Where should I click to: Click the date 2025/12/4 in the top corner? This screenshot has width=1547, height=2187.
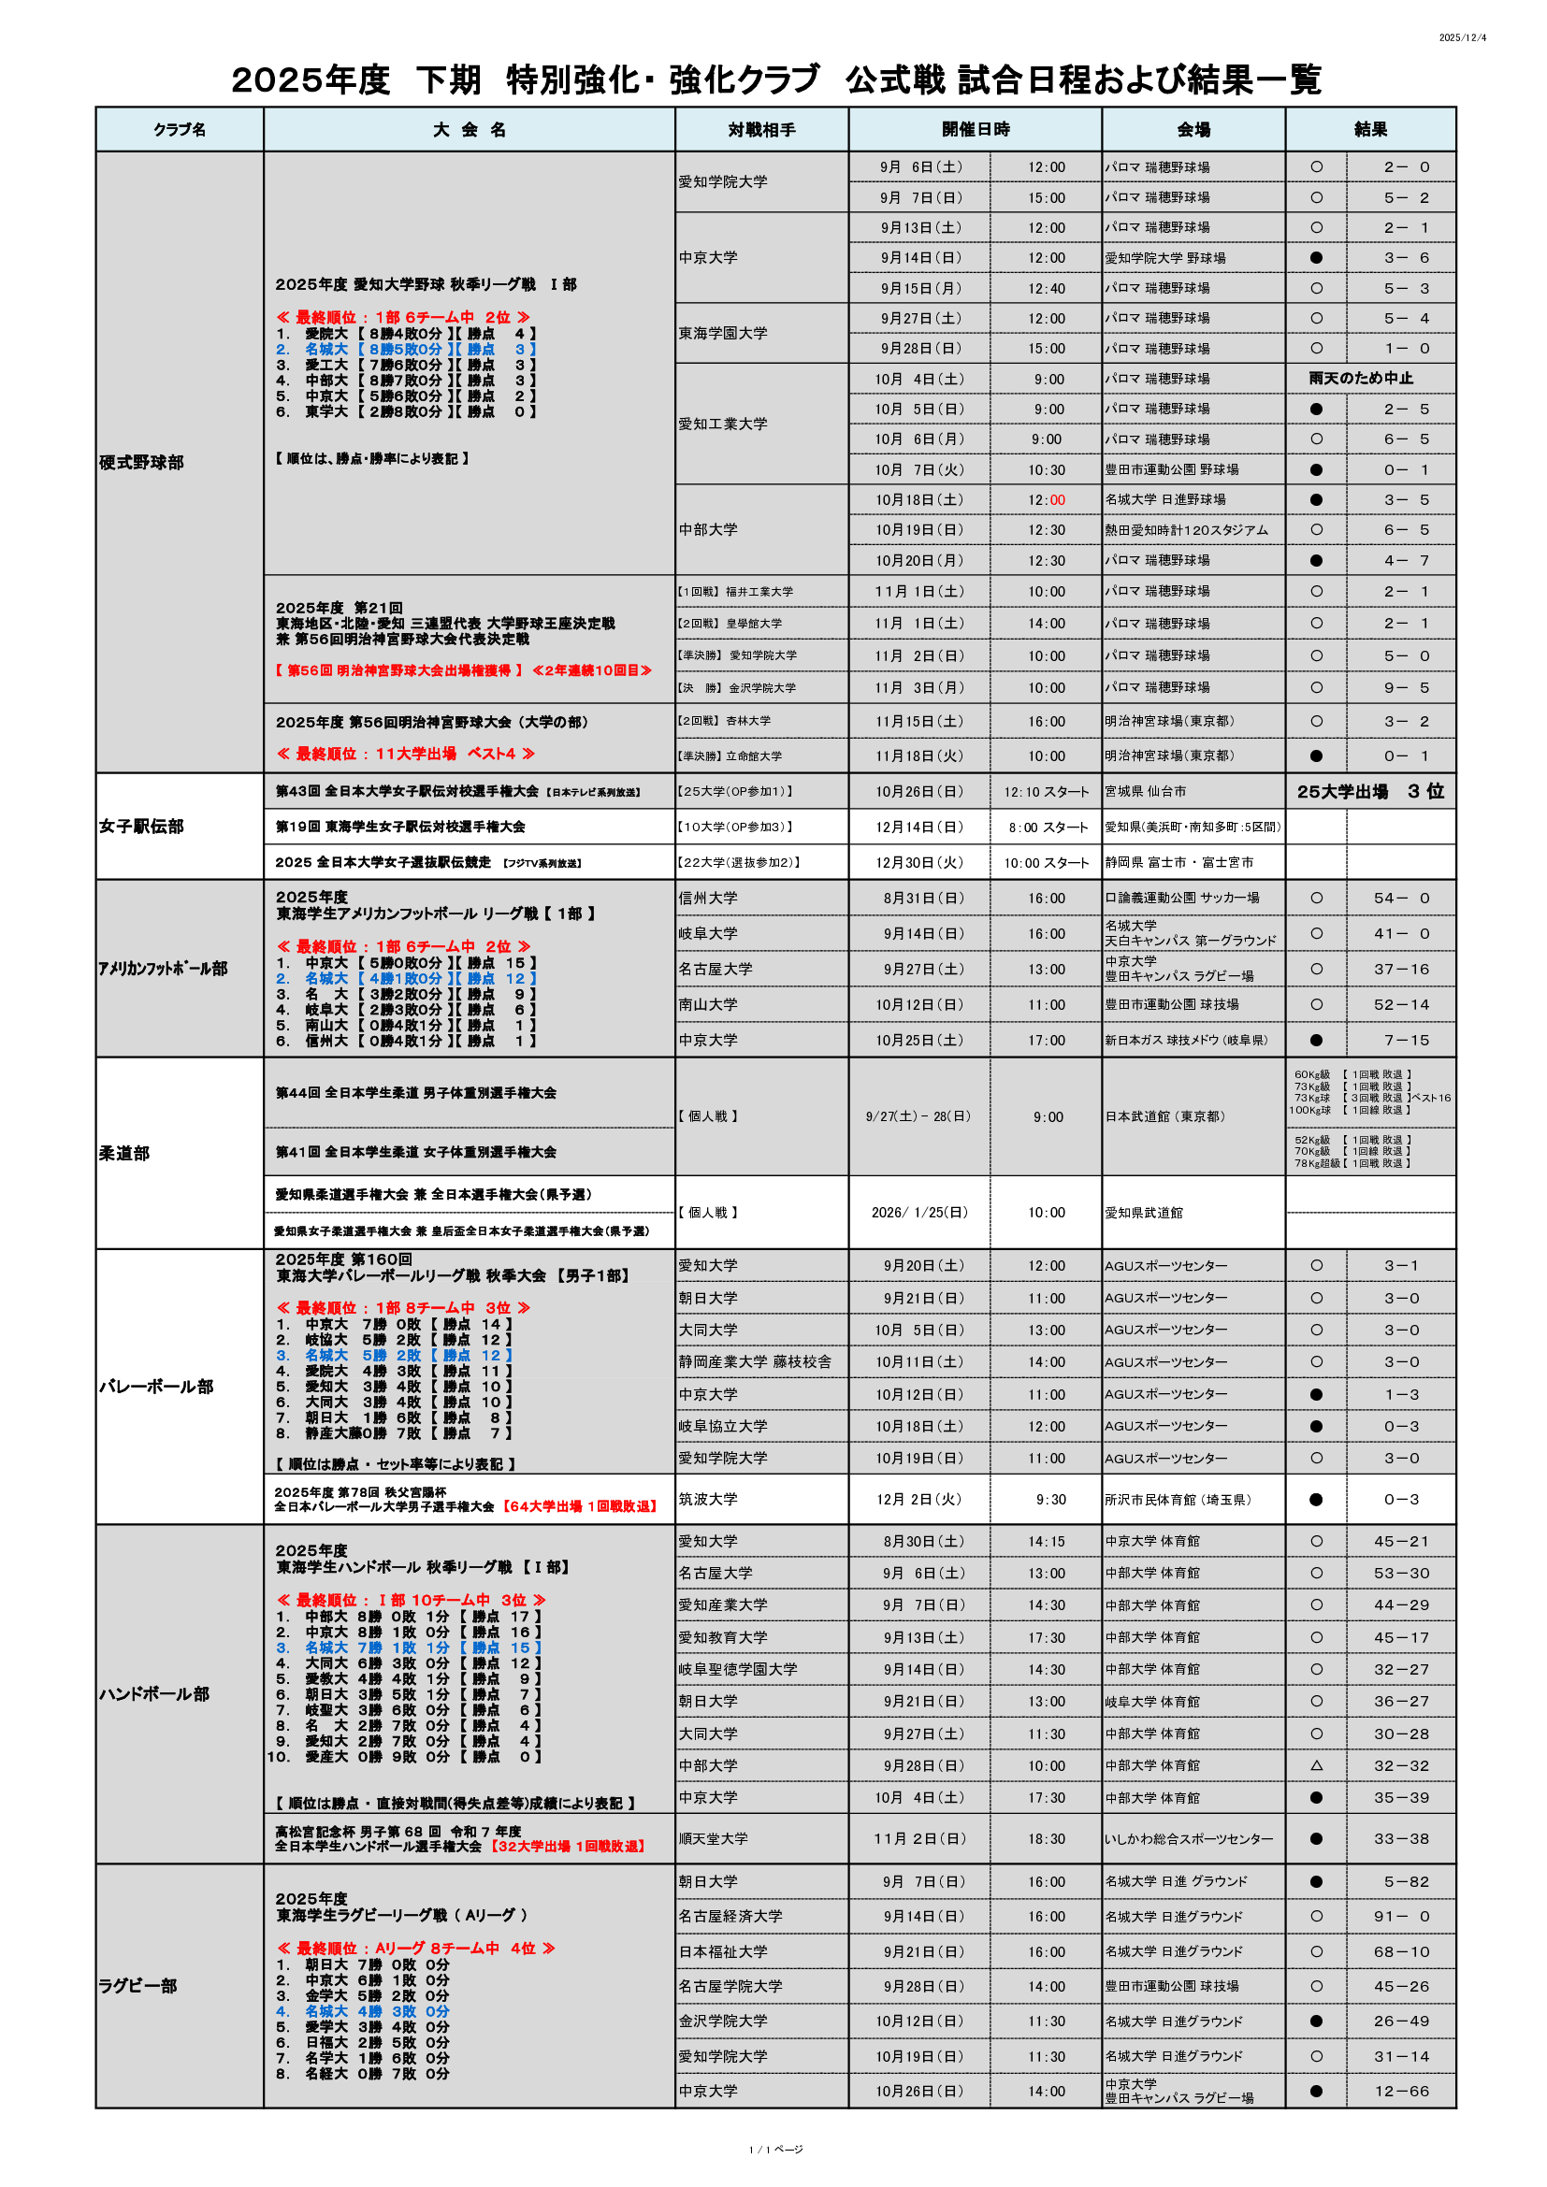click(x=1461, y=38)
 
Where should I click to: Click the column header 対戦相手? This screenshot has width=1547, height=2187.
click(x=761, y=130)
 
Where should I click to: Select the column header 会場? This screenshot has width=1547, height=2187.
click(x=1193, y=130)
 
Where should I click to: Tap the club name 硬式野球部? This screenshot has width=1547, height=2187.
click(x=141, y=463)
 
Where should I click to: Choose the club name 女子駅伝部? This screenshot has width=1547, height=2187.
click(x=141, y=827)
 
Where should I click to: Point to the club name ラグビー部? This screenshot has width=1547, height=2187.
click(x=137, y=1986)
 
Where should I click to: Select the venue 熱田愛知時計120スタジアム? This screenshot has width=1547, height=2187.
click(x=1186, y=530)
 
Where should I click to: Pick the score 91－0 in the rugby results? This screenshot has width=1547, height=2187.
click(x=1401, y=1917)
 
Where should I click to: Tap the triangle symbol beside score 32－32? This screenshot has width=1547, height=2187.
click(x=1316, y=1766)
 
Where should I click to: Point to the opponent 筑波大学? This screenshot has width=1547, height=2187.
click(x=708, y=1499)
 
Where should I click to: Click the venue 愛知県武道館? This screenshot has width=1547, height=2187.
click(x=1143, y=1213)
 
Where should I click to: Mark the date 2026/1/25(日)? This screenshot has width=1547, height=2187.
click(x=919, y=1213)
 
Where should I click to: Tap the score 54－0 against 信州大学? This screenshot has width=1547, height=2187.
click(x=1401, y=899)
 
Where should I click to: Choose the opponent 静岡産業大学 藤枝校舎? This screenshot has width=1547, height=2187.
click(x=755, y=1362)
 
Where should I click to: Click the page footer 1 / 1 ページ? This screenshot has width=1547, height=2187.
click(x=775, y=2150)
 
